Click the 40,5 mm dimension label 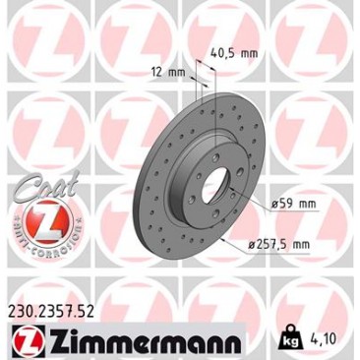click(x=233, y=53)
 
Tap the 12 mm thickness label click(x=169, y=72)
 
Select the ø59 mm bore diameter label click(x=294, y=204)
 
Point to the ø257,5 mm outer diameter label click(x=279, y=244)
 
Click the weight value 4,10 click(x=322, y=339)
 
